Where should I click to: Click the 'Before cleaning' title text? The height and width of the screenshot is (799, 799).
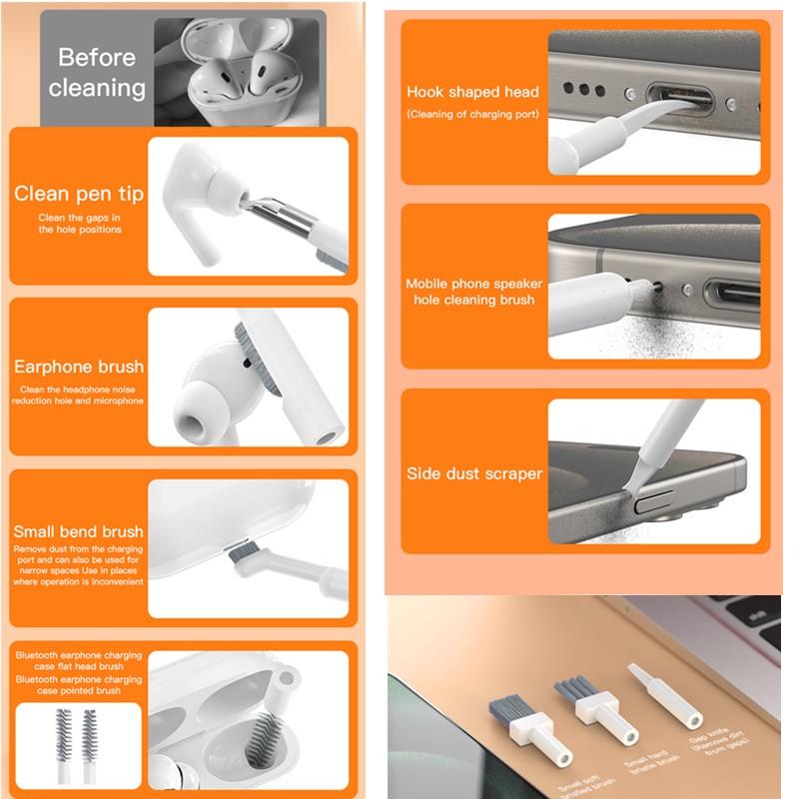[97, 72]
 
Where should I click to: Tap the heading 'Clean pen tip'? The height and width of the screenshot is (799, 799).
[79, 194]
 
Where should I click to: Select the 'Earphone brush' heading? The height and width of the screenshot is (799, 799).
[79, 367]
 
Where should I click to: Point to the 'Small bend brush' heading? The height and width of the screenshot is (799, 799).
[79, 531]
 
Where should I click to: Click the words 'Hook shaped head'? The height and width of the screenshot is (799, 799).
[472, 92]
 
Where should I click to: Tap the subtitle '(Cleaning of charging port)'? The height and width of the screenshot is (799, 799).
[472, 114]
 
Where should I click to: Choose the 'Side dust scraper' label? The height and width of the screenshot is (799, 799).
[474, 473]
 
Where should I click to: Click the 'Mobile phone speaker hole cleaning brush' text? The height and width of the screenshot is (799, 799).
[472, 292]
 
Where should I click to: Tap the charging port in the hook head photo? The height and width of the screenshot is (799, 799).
[679, 100]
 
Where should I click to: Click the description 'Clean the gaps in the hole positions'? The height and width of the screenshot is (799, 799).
[80, 224]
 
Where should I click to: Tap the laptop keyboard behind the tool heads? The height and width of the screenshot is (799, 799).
[719, 639]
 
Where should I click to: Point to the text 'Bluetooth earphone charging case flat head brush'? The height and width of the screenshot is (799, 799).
[79, 661]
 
